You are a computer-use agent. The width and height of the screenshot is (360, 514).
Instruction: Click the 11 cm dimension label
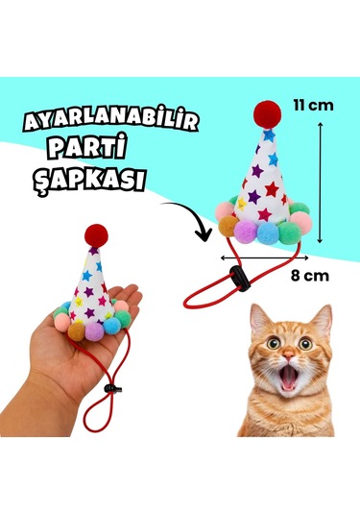(314, 105)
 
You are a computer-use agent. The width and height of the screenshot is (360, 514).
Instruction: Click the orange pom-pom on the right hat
(228, 227)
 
